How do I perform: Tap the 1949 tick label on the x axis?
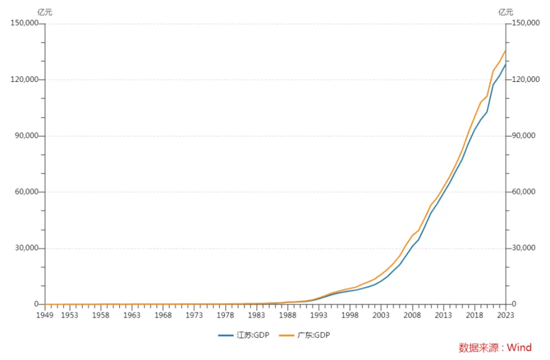(x=45, y=315)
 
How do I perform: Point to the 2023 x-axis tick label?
(x=506, y=315)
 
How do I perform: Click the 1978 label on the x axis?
(x=226, y=315)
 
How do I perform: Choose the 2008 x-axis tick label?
(x=412, y=315)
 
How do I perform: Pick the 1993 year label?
(x=319, y=315)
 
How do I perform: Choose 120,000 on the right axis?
(x=525, y=80)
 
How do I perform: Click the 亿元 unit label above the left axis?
(x=45, y=12)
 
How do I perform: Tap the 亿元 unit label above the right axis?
(x=506, y=12)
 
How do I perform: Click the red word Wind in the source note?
(x=519, y=347)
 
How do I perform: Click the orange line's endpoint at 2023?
(x=506, y=50)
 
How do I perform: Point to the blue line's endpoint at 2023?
(x=506, y=64)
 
